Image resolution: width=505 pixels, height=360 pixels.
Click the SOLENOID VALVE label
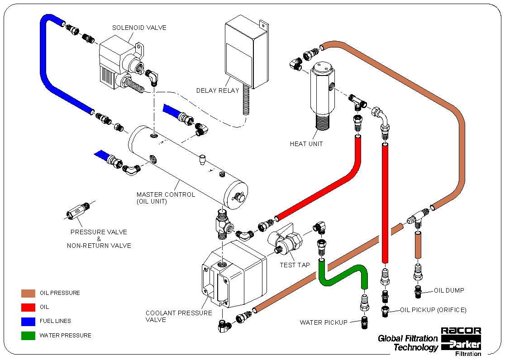[x=139, y=28]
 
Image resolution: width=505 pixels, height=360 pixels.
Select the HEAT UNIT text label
[x=306, y=144]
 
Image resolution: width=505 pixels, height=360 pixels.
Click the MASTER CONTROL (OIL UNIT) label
[x=166, y=198]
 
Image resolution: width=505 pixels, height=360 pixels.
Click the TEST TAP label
[x=295, y=265]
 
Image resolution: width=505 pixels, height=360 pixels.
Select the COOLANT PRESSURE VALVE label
[x=179, y=316]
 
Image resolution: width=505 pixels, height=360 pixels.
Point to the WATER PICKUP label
[x=324, y=322]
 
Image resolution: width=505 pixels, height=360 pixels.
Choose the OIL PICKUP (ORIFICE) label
[x=433, y=310]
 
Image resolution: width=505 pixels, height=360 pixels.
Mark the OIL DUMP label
[x=449, y=290]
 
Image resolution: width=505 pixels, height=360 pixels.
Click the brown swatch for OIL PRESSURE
[x=28, y=293]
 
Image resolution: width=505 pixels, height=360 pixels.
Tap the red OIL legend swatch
[x=28, y=307]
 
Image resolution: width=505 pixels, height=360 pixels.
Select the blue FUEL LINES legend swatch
[x=28, y=322]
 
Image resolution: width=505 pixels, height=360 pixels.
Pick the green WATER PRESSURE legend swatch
[x=28, y=336]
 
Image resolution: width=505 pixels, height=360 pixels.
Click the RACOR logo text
[x=461, y=331]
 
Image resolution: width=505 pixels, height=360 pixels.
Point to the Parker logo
[x=461, y=343]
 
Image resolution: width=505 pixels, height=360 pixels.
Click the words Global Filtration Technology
[x=408, y=343]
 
